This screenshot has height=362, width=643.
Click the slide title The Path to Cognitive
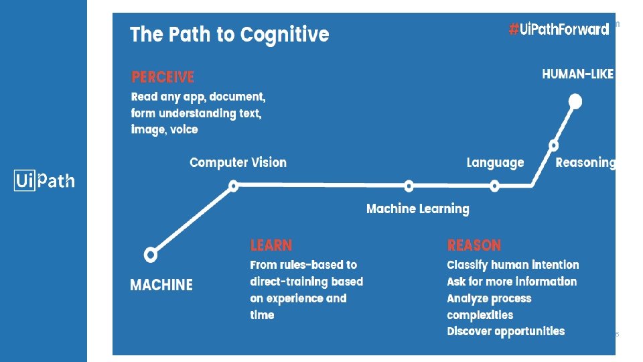coord(229,35)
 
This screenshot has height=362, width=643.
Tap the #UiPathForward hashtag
coord(559,29)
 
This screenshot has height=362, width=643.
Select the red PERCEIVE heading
coord(163,77)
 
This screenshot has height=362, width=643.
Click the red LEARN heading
coord(271,245)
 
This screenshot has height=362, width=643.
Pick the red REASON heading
coord(474,245)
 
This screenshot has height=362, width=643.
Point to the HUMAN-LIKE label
coord(577,74)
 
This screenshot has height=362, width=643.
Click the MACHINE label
coord(161,286)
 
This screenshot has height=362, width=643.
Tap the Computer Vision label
coord(238,163)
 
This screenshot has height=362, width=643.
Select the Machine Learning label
coord(417,209)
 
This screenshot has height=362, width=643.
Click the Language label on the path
coord(495,163)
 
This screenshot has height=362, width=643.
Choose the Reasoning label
coord(585,163)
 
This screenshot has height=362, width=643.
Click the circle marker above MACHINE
coord(151,255)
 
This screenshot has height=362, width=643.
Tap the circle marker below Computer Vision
coord(233,186)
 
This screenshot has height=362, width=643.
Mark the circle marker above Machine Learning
coord(409,186)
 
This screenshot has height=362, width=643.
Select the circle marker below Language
coord(494,186)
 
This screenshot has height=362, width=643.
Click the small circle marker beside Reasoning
coord(553,145)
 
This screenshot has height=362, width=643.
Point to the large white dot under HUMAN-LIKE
coord(575,102)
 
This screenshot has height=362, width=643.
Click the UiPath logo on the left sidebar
coord(45,181)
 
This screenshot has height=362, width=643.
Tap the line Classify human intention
coord(512,265)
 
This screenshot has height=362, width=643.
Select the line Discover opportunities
coord(506,332)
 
